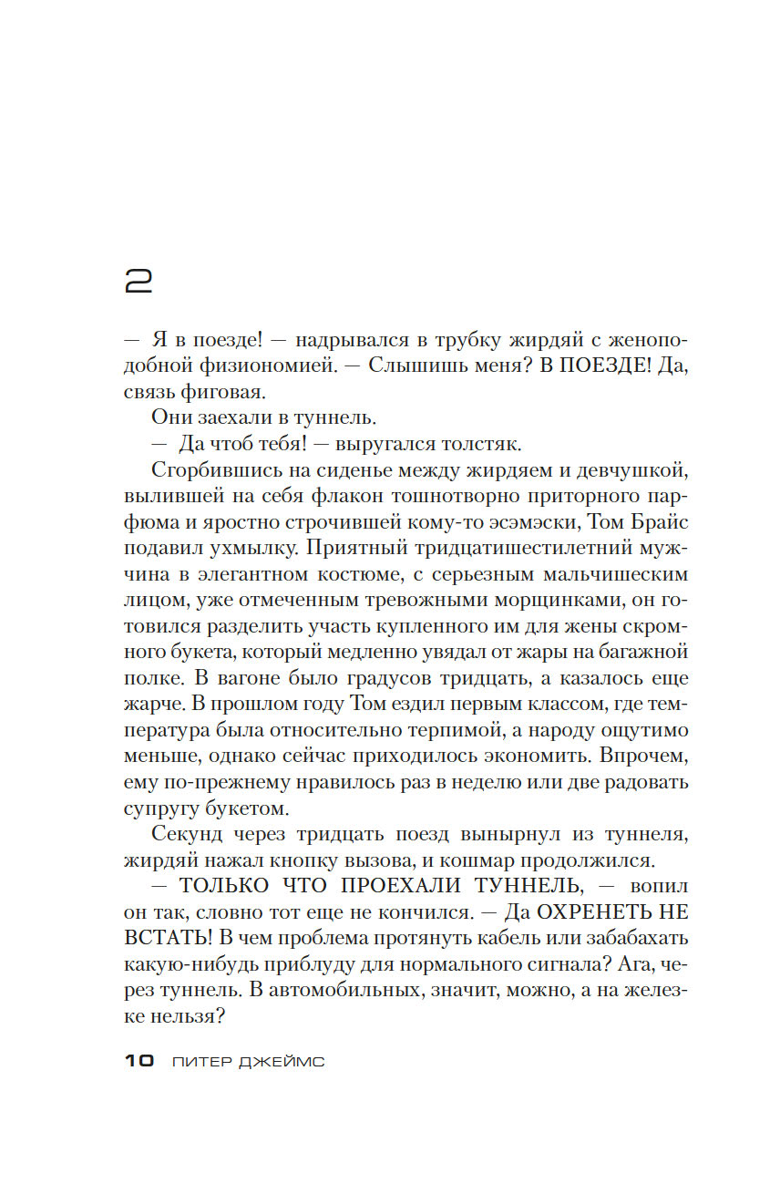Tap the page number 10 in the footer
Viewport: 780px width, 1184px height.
(139, 1061)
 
